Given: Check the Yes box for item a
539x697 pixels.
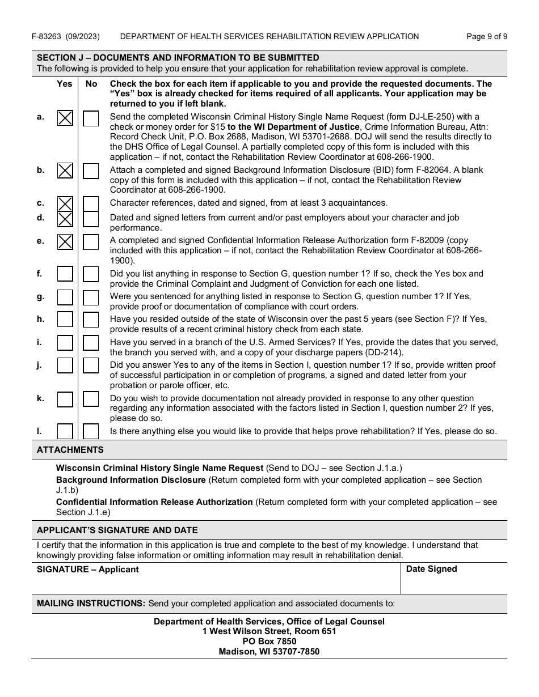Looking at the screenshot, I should [x=65, y=118].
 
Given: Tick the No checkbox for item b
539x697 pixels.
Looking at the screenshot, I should [x=91, y=171].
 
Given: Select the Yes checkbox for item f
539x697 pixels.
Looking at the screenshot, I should [x=65, y=275].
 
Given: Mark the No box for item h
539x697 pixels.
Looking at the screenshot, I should [x=91, y=320].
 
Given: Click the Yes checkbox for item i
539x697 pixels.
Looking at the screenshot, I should [x=65, y=343].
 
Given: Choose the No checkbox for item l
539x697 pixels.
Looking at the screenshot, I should [x=91, y=432].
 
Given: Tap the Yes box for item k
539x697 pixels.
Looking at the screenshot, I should [x=65, y=399].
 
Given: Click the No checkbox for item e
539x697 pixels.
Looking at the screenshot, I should [x=91, y=242].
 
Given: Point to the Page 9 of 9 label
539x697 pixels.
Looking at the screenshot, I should [x=486, y=37].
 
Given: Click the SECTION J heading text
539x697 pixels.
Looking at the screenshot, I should [x=178, y=58].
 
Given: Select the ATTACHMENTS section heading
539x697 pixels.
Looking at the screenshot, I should [x=70, y=450].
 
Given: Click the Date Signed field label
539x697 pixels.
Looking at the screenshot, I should [x=431, y=569].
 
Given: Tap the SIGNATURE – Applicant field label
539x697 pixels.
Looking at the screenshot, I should [x=87, y=569].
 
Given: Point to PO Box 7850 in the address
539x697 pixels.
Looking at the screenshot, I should [x=269, y=641].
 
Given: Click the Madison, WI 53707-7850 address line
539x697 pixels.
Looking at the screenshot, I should [x=269, y=652].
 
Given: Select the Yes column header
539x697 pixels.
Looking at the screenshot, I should [x=65, y=84].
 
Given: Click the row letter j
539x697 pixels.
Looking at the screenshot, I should [x=40, y=365].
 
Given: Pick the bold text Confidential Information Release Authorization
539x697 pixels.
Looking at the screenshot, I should [x=154, y=502].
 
